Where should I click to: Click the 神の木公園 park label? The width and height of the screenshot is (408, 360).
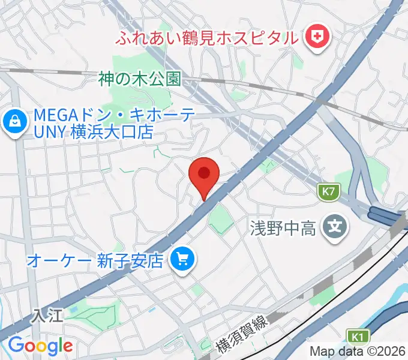140,79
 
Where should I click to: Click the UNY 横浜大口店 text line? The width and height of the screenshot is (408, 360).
95,132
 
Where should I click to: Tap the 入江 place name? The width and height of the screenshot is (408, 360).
48,314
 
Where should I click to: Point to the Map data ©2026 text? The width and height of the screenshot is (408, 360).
357,351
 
